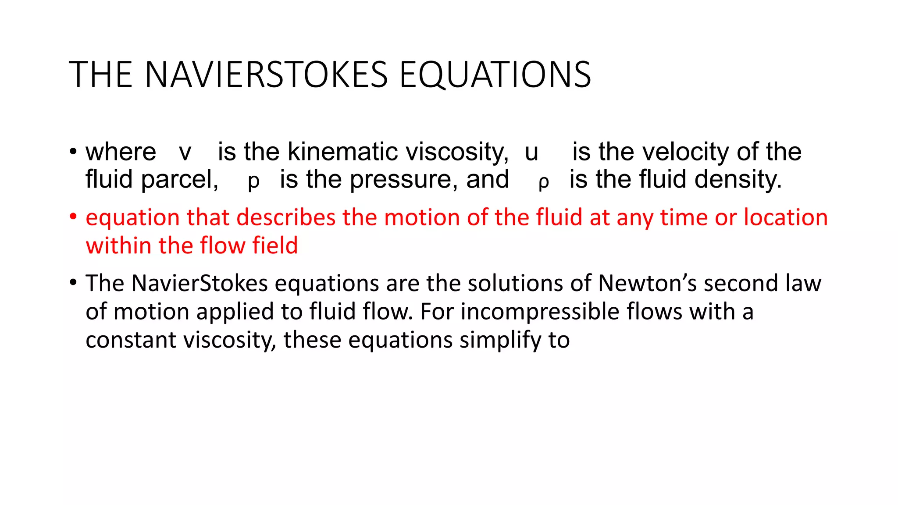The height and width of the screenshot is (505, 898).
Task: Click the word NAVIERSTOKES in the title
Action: (x=266, y=75)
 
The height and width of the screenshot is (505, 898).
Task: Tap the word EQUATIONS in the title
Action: (x=495, y=75)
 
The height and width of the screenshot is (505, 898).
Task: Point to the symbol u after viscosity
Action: (x=531, y=153)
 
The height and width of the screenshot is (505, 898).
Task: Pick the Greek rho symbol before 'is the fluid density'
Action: (x=544, y=182)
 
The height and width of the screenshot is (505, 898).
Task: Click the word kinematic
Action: (x=343, y=152)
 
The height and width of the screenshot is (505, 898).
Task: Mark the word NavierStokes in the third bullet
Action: (x=200, y=283)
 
